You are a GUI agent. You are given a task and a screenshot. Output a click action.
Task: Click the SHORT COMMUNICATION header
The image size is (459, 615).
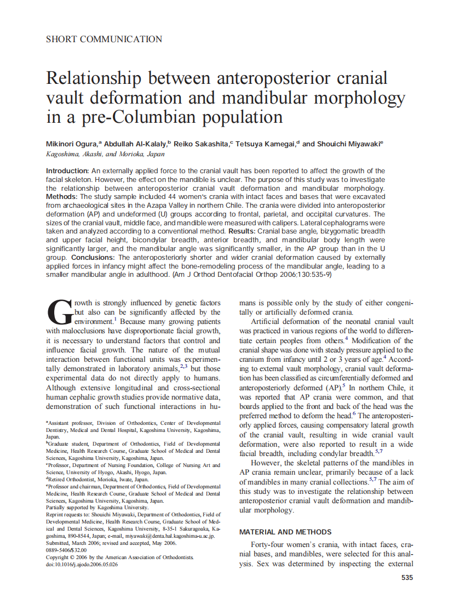[104, 39]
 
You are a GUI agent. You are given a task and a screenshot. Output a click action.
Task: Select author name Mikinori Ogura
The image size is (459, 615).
[71, 144]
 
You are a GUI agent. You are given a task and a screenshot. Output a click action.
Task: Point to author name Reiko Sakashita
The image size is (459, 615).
[202, 144]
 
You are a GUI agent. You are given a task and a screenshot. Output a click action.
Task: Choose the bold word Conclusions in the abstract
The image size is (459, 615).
[94, 257]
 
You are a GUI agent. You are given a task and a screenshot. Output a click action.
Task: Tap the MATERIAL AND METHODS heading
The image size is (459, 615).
[285, 532]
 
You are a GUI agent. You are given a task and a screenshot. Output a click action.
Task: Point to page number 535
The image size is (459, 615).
[407, 578]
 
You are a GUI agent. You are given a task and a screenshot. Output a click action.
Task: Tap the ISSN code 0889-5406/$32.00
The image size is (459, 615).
[66, 550]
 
